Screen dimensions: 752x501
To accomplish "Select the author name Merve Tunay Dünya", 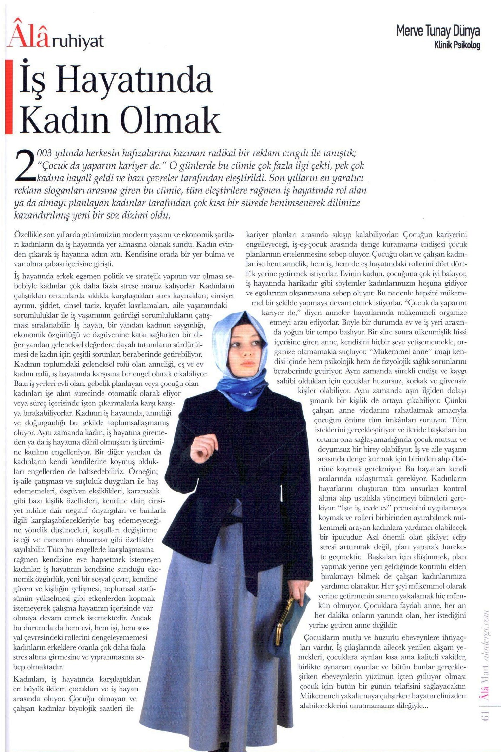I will tap(438, 31).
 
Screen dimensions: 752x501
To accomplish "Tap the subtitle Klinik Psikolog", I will tap(457, 45).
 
